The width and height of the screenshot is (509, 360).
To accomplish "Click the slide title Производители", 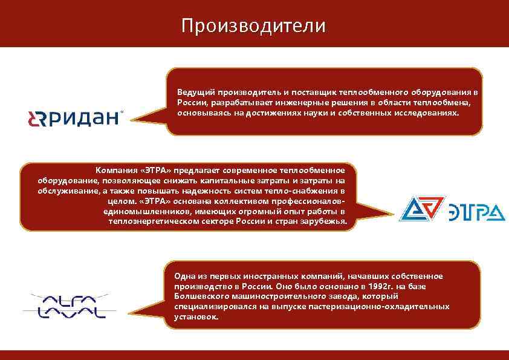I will [253, 25].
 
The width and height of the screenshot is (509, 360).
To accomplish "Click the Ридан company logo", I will [75, 118].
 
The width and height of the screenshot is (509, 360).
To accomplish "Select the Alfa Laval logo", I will [65, 306].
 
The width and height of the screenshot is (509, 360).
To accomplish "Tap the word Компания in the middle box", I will [114, 170].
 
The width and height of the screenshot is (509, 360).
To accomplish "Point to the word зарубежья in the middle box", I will [325, 221].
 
